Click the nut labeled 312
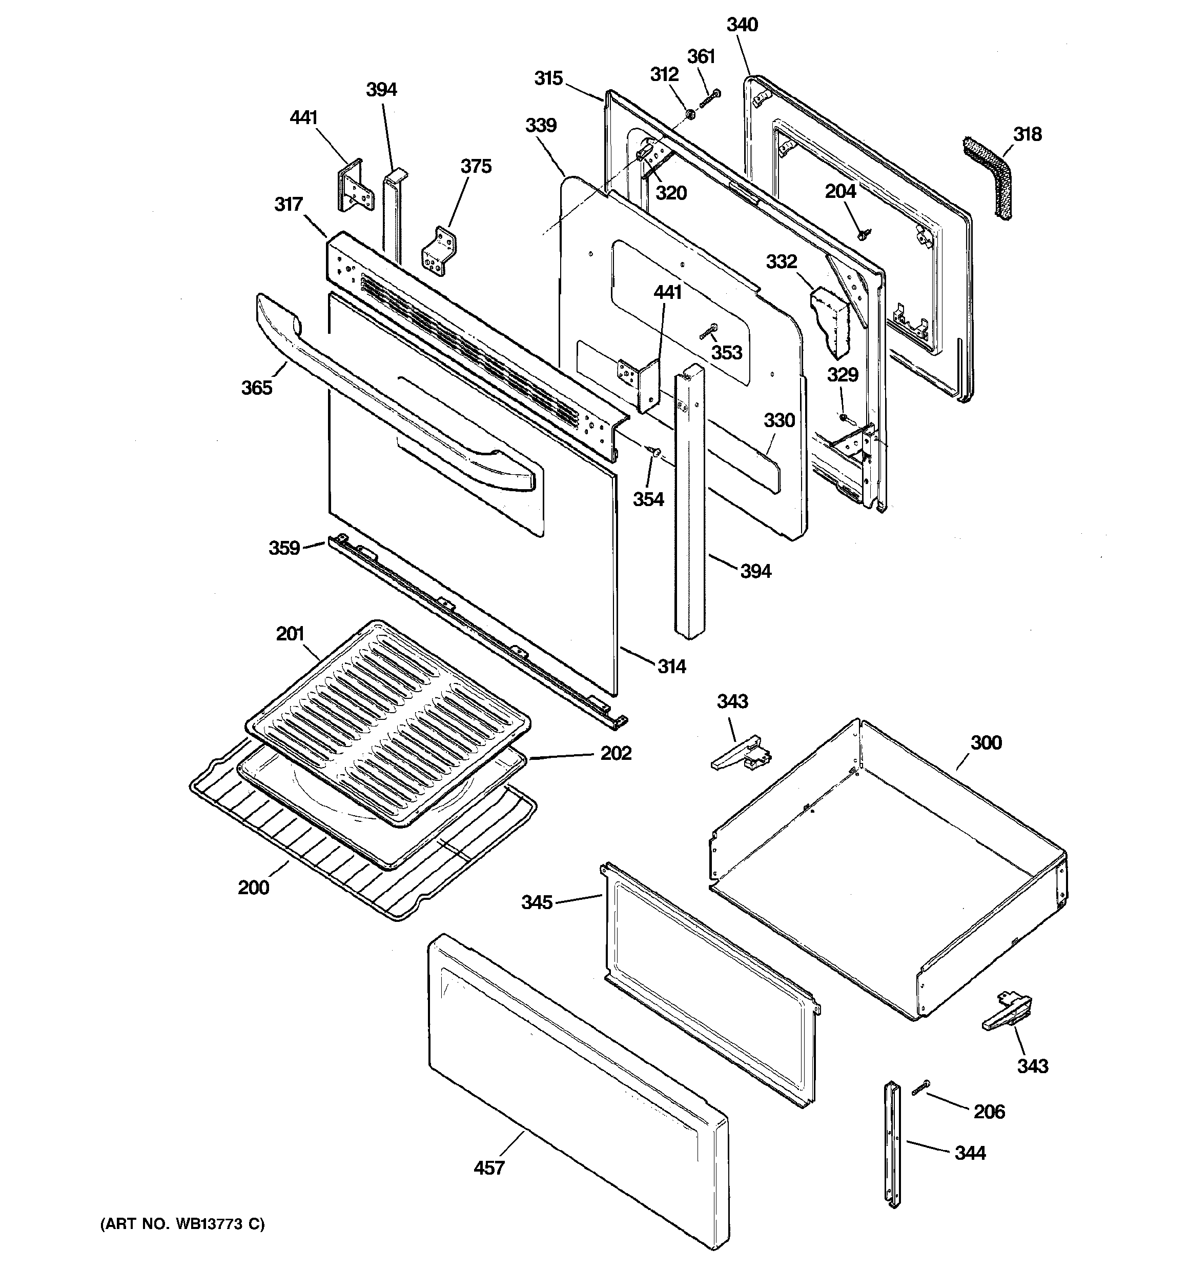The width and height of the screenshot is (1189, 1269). [690, 114]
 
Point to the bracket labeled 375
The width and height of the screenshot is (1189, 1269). [439, 251]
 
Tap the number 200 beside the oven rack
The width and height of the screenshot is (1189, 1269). [253, 888]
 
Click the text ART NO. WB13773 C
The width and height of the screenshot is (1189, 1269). [182, 1224]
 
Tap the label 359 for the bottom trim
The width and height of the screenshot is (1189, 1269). [284, 548]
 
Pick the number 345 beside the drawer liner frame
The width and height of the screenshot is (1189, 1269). [537, 902]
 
